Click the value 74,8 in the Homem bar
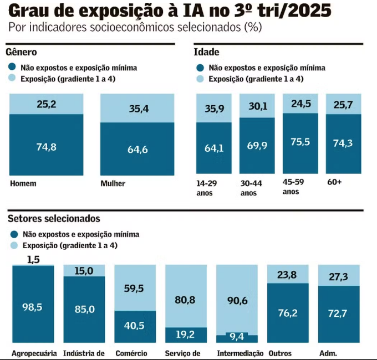47,147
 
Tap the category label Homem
23,184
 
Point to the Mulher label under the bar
113,184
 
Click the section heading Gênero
21,52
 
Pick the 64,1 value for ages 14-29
214,148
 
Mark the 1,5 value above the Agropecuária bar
33,259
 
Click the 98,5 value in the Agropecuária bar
33,306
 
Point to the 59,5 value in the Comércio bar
135,289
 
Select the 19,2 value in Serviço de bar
186,335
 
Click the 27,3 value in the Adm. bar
339,276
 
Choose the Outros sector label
280,353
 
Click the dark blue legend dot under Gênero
13,68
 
